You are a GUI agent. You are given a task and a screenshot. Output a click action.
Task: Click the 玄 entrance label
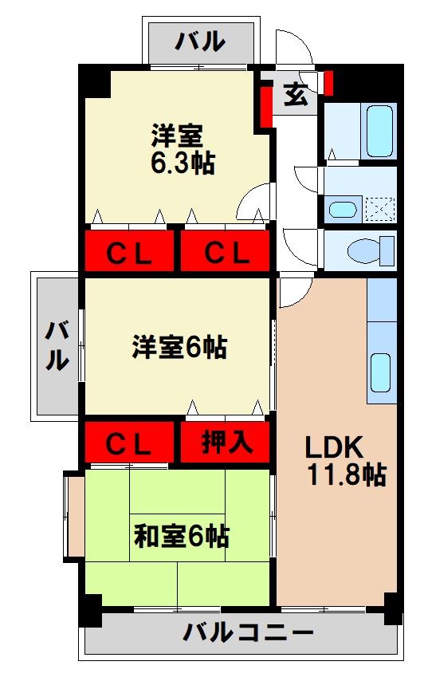tap(295, 95)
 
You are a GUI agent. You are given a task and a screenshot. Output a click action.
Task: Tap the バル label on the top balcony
tap(201, 40)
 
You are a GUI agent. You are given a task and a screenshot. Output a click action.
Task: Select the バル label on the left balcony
tap(56, 346)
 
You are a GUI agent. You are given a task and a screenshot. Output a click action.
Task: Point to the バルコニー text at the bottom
tap(248, 634)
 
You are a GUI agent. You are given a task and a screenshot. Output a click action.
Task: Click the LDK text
tap(334, 447)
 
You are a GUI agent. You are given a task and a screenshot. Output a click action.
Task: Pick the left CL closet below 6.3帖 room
tap(129, 253)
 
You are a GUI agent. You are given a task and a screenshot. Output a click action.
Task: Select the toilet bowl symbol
tap(371, 250)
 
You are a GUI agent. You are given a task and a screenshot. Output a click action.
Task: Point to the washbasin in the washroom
tap(344, 211)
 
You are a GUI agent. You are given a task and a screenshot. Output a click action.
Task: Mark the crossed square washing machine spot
tap(380, 210)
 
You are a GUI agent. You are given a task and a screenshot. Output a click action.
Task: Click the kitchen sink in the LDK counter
tap(381, 373)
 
